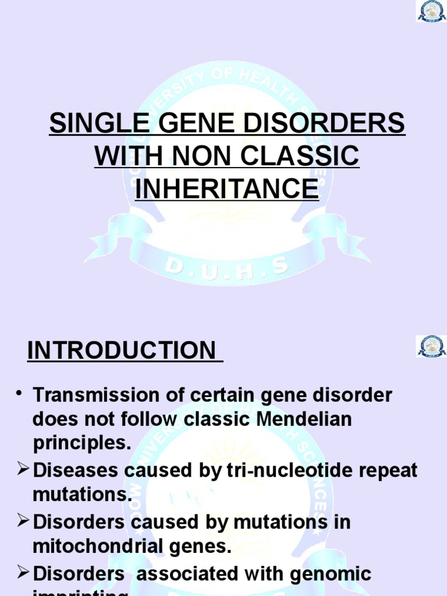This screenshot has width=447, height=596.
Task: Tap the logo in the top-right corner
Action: [x=431, y=10]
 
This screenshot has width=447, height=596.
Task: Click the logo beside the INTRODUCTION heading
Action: [x=431, y=346]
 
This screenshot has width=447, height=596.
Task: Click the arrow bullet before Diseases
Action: [x=22, y=469]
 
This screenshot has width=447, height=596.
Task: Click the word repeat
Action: [x=387, y=470]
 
